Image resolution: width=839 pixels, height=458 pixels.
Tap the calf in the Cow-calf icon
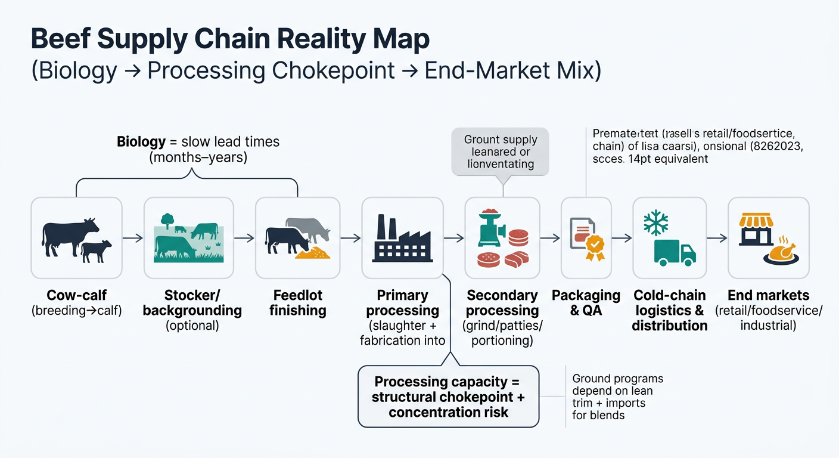point(96,251)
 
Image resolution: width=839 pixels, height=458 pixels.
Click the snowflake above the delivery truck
point(656,223)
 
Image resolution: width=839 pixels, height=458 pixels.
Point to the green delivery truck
point(674,253)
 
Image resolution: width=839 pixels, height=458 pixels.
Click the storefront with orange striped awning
point(756,230)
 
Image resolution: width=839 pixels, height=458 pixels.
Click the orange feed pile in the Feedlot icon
point(313,252)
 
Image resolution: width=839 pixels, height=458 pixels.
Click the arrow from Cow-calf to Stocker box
point(133,238)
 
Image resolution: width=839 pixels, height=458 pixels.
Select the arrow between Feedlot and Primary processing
point(351,238)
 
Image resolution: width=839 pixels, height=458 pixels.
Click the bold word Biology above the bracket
point(141,142)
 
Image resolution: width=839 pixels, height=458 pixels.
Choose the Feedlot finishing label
point(297,303)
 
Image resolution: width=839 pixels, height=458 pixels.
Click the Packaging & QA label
point(586,303)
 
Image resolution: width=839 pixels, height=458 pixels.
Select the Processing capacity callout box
point(448,397)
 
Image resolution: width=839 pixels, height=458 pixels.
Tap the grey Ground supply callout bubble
point(501,151)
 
